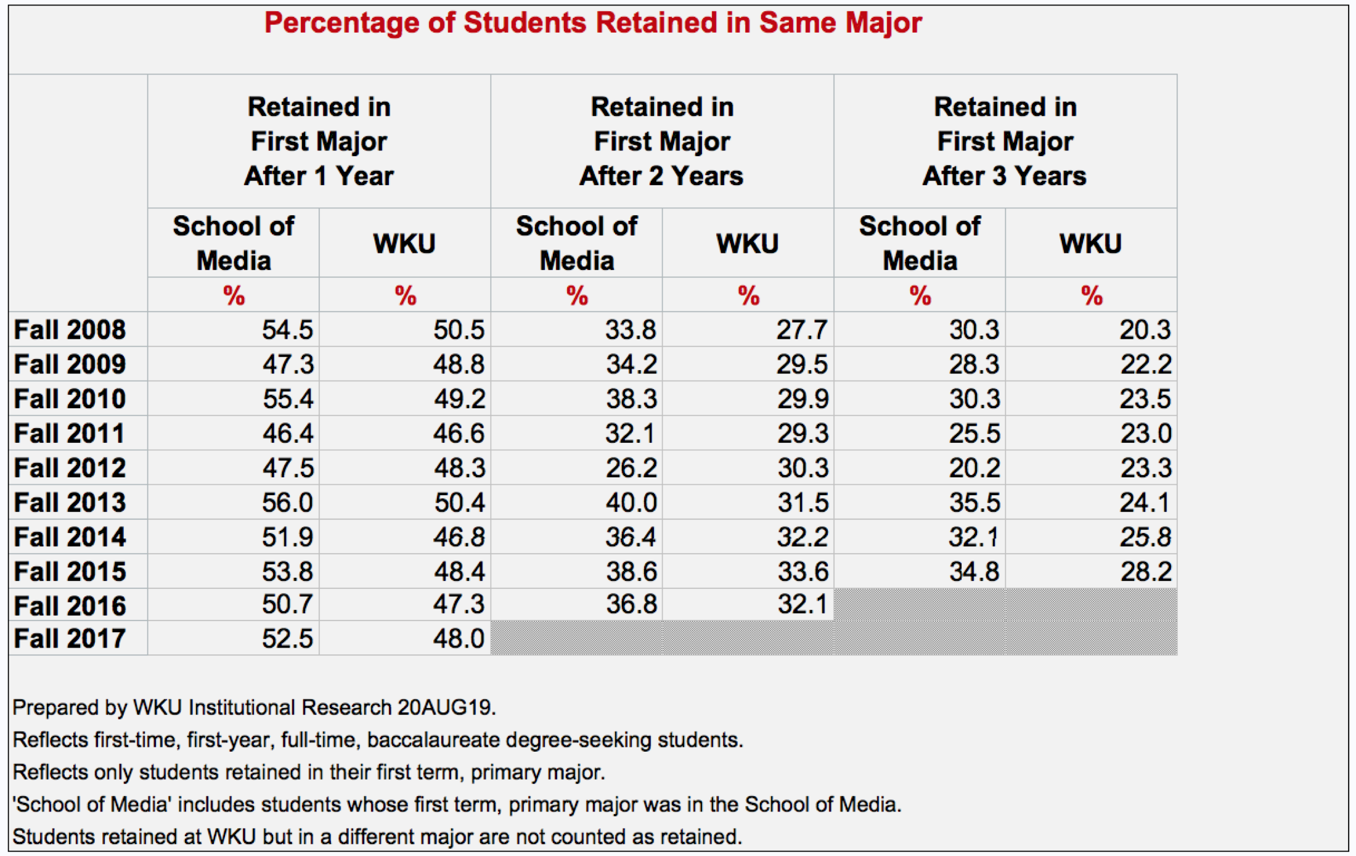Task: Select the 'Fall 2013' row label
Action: (x=70, y=503)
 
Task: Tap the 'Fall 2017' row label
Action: (x=70, y=638)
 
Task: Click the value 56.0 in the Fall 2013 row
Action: (x=288, y=503)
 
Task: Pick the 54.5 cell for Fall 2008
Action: (x=288, y=330)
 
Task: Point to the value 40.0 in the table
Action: (x=631, y=503)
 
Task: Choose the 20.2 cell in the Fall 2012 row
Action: (x=974, y=468)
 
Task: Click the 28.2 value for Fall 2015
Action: (x=1145, y=572)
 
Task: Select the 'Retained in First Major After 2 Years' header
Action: (x=661, y=141)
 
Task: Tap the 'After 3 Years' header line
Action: (x=1004, y=176)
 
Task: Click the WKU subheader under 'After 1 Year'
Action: (x=404, y=244)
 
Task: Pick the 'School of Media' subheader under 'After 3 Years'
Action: (x=920, y=243)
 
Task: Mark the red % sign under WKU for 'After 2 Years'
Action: (x=748, y=296)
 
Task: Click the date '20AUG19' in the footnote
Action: (x=445, y=707)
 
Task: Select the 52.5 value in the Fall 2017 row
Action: (x=288, y=638)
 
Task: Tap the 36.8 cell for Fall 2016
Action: (x=631, y=604)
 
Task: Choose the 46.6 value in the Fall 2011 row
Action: (x=459, y=434)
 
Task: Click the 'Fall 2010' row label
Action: (x=70, y=399)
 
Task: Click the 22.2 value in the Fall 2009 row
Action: (x=1145, y=364)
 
